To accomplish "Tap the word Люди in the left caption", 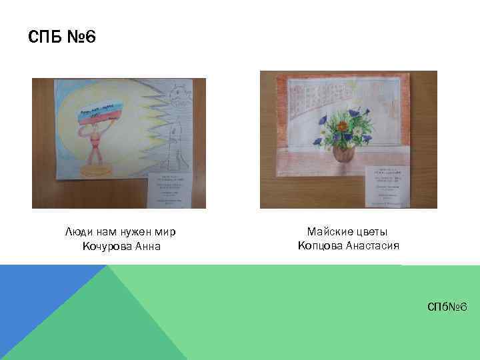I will pyautogui.click(x=77, y=232).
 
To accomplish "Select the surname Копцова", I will pyautogui.click(x=320, y=245).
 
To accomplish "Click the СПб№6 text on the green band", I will pyautogui.click(x=448, y=306).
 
